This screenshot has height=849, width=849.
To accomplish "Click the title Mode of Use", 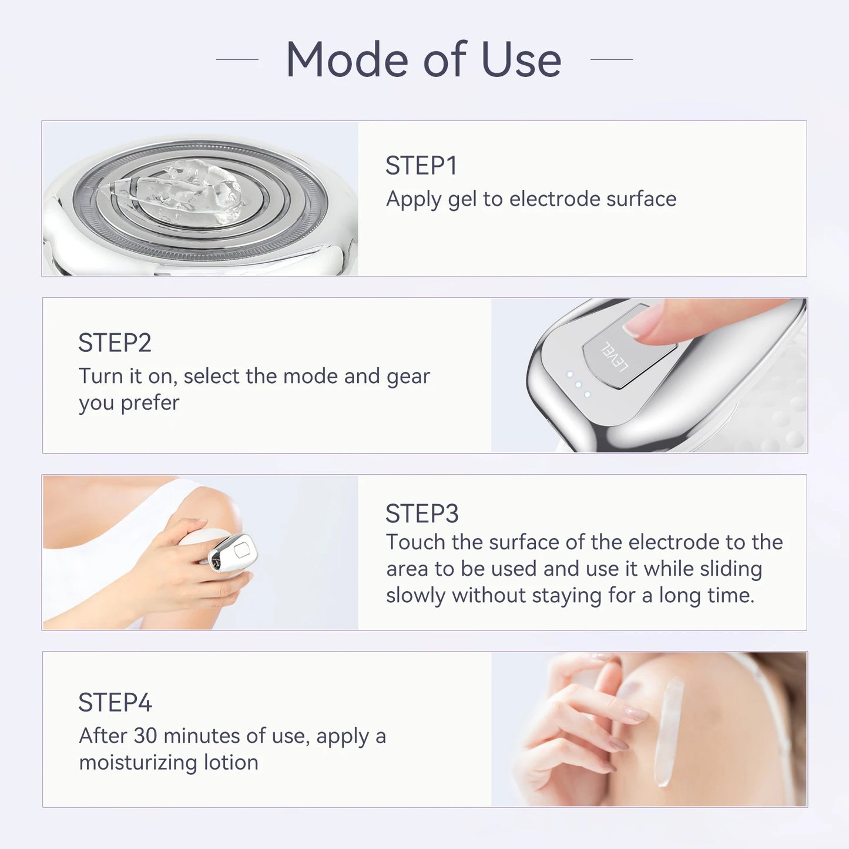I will click(x=423, y=59).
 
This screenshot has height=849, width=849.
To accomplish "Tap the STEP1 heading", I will click(x=421, y=166).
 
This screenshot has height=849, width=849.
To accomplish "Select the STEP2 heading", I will click(x=115, y=343).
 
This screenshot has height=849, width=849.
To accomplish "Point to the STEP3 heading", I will click(x=421, y=514).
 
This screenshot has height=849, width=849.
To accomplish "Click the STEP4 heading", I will click(x=115, y=702).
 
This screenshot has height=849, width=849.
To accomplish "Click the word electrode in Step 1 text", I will click(x=555, y=199).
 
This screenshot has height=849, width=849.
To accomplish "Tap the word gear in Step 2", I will click(x=408, y=376).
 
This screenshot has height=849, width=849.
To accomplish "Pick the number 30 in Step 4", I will click(x=145, y=736).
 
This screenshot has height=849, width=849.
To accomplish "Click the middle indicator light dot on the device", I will click(x=578, y=384).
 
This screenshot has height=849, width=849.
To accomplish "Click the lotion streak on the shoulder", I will click(x=668, y=731).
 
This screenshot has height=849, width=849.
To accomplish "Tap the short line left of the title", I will click(x=237, y=59).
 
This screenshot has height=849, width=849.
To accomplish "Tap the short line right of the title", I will click(x=611, y=59).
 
